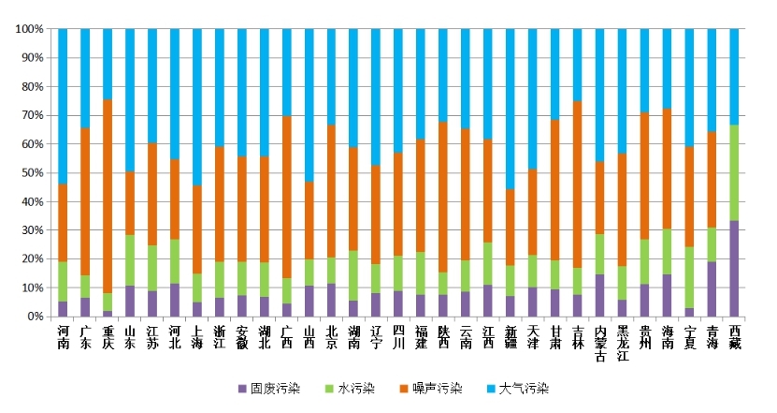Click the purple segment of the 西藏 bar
pyautogui.click(x=734, y=268)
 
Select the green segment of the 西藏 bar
pyautogui.click(x=734, y=172)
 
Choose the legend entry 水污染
pyautogui.click(x=361, y=388)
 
